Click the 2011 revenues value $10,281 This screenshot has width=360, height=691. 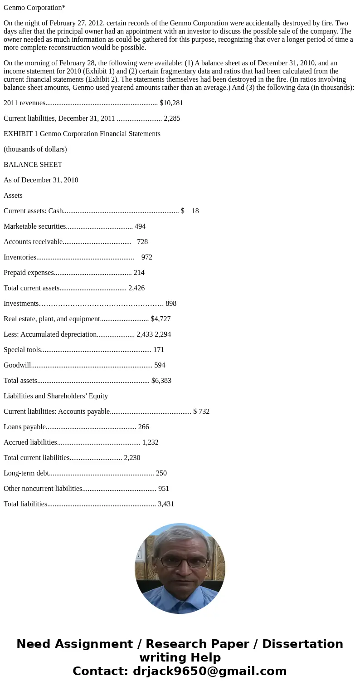171,103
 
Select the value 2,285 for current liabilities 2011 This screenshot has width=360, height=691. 172,118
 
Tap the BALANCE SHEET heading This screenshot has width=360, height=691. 33,165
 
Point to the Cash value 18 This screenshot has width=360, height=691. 195,211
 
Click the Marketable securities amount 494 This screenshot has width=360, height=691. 140,226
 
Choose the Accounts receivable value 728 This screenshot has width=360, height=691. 142,242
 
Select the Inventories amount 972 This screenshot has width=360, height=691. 147,257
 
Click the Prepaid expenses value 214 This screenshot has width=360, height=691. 139,273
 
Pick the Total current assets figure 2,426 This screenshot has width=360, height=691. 136,288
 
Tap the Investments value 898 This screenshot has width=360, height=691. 171,304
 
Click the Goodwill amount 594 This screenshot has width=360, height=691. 160,365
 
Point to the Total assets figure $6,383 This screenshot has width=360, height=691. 161,381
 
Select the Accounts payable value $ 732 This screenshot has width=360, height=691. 201,412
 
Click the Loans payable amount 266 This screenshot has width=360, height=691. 143,427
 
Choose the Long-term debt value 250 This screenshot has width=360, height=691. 161,473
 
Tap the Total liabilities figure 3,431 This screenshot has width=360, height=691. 166,504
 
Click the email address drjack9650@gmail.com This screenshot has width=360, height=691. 209,671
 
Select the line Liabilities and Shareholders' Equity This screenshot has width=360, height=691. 56,396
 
